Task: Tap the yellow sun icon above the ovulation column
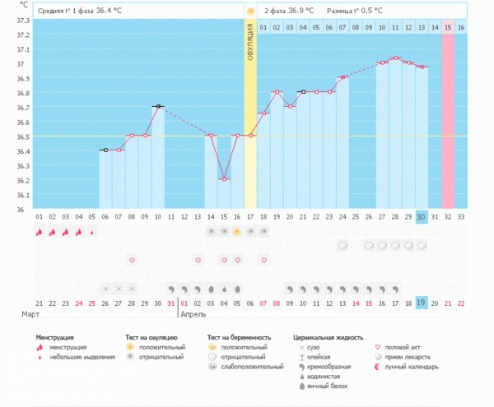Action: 250,12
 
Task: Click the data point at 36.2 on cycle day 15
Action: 224,178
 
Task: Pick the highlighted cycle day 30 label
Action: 421,216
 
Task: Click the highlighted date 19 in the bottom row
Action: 421,303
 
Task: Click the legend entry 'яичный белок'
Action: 321,386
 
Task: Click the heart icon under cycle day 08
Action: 132,260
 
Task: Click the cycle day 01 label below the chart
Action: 40,216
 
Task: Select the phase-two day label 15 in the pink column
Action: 448,27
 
